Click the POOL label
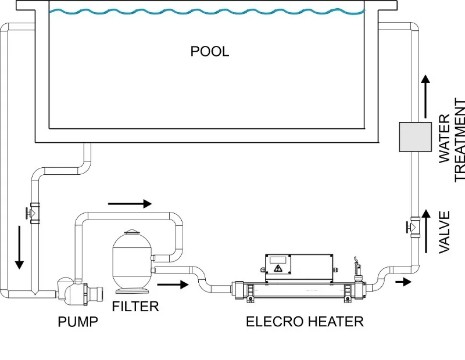click(210, 51)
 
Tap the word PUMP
click(77, 321)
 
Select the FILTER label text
click(135, 305)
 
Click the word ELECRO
click(273, 321)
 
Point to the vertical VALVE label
click(445, 232)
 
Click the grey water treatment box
click(415, 136)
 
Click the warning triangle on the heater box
click(278, 269)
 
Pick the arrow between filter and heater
click(173, 285)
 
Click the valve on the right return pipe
click(414, 225)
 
